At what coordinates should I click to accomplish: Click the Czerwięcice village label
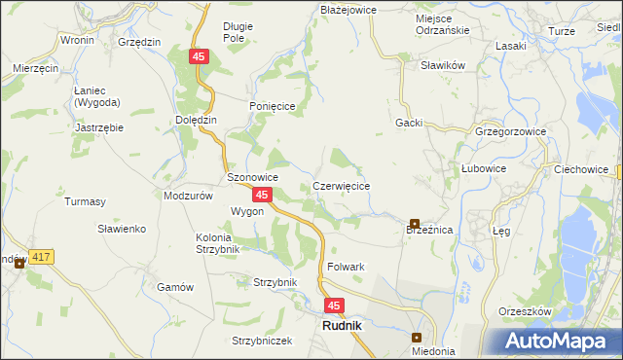tap(341, 185)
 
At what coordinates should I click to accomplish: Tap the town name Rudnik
tap(341, 327)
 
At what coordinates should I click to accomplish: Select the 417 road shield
tap(40, 257)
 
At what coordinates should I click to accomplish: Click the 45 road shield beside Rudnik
tap(334, 306)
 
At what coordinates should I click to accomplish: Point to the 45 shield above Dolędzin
tap(199, 58)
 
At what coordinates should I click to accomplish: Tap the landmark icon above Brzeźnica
tap(415, 224)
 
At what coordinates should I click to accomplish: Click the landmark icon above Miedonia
tap(416, 337)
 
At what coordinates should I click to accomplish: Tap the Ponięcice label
tap(272, 107)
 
